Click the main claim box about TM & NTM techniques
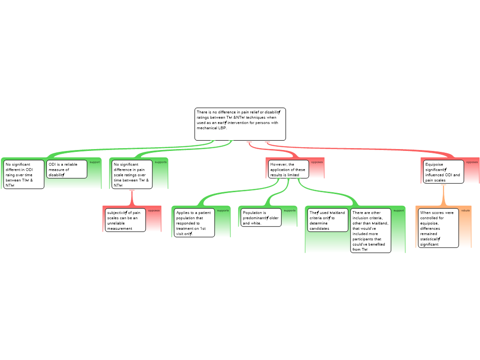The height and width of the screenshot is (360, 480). [240, 124]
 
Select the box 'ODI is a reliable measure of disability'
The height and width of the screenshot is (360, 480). [67, 169]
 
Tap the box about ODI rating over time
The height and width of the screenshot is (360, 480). [24, 174]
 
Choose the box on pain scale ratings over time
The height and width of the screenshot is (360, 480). [132, 174]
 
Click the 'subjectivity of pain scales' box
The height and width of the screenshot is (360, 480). [125, 220]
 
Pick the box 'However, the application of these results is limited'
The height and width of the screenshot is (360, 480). [289, 169]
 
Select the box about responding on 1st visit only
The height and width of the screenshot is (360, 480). [194, 223]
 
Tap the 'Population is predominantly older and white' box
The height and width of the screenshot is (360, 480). [261, 217]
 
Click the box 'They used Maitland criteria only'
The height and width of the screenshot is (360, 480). [328, 220]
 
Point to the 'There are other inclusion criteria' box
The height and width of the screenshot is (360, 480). [370, 231]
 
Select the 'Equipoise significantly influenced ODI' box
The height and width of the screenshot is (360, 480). [443, 172]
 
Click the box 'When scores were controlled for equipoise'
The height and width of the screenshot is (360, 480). [438, 228]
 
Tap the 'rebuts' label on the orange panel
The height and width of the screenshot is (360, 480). [465, 210]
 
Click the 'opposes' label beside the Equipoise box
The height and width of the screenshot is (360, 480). [472, 162]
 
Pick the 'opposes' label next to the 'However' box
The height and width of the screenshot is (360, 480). [317, 162]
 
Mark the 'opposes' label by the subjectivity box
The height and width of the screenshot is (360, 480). [154, 210]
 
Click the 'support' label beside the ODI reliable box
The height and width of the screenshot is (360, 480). [95, 162]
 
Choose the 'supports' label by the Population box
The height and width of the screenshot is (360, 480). [290, 210]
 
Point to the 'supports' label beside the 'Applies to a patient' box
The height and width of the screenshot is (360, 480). [223, 210]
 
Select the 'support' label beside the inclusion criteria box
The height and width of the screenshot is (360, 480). [398, 210]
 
